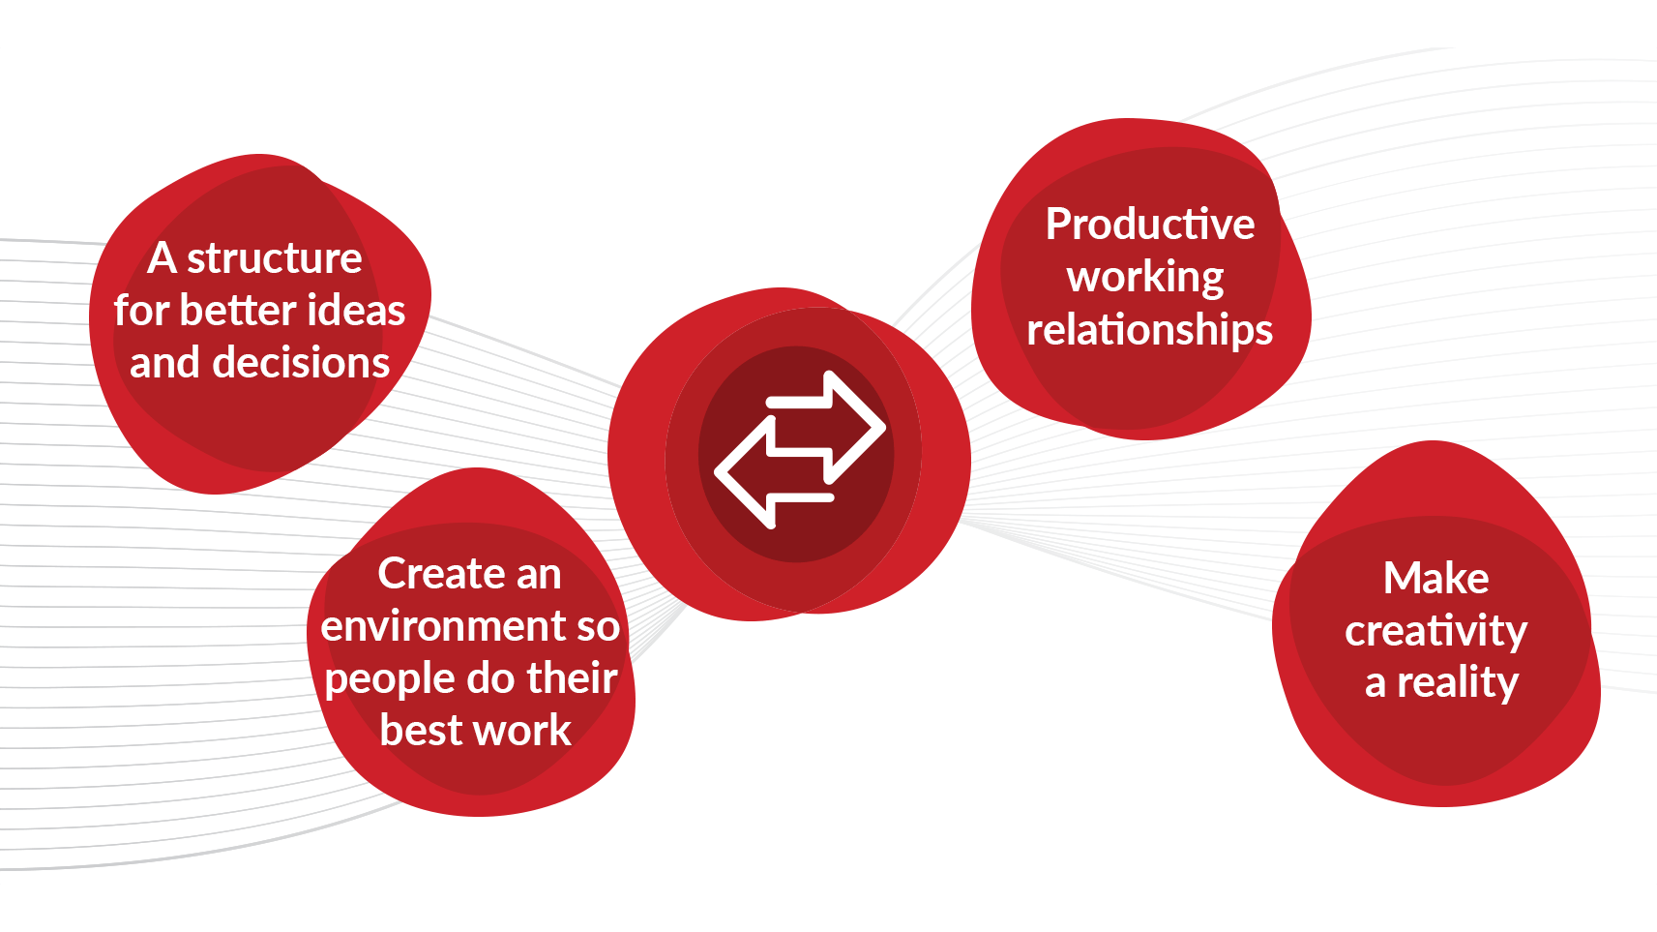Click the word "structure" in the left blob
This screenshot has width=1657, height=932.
tap(274, 258)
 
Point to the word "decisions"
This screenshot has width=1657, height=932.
tap(301, 363)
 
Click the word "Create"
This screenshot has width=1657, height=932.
tap(427, 574)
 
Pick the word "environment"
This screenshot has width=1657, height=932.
tap(443, 626)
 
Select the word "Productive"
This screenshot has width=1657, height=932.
tap(1150, 225)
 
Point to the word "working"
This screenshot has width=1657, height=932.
tap(1145, 278)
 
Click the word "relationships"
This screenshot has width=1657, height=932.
tap(1149, 330)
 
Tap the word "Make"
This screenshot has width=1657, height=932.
tap(1435, 579)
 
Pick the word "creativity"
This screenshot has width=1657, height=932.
tap(1435, 631)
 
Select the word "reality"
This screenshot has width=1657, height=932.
tap(1457, 683)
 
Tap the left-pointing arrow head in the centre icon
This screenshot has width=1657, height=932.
tap(745, 472)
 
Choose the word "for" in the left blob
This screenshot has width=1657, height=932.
tap(141, 311)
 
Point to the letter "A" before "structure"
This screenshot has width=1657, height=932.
tap(162, 258)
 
